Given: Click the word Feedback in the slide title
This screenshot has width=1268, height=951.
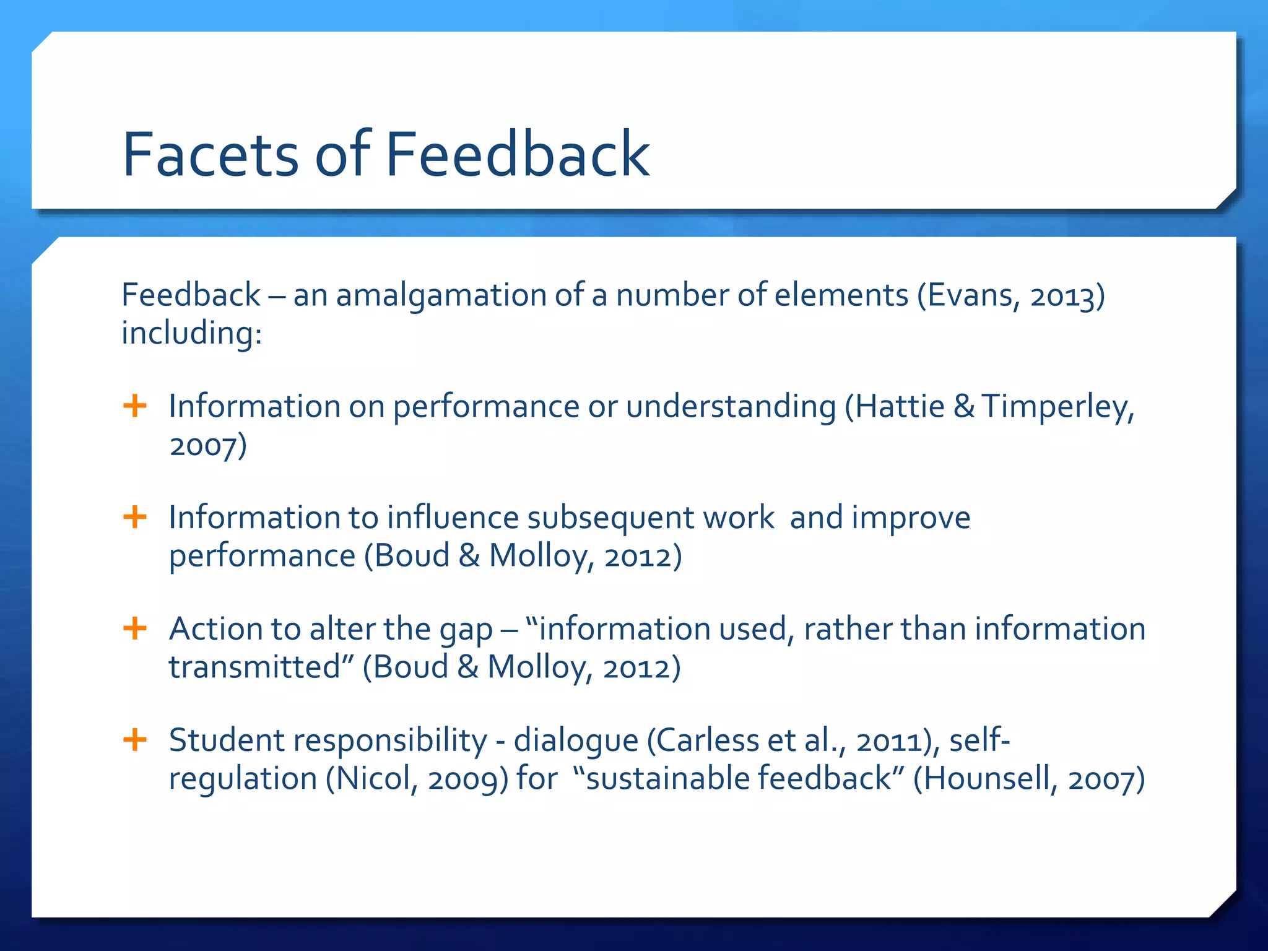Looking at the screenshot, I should (x=517, y=155).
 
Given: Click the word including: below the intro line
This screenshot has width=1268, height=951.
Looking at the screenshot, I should (x=191, y=333).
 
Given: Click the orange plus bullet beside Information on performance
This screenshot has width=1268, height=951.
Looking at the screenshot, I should (x=135, y=406).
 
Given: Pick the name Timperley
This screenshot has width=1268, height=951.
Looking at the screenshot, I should (x=1057, y=407).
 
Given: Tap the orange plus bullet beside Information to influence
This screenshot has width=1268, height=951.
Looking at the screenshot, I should (x=135, y=517).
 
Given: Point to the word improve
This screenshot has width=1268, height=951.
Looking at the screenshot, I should (x=911, y=518).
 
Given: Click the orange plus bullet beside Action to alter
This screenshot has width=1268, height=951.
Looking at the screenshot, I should (x=135, y=628).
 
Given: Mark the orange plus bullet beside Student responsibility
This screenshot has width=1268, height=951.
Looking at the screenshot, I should (x=135, y=739).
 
